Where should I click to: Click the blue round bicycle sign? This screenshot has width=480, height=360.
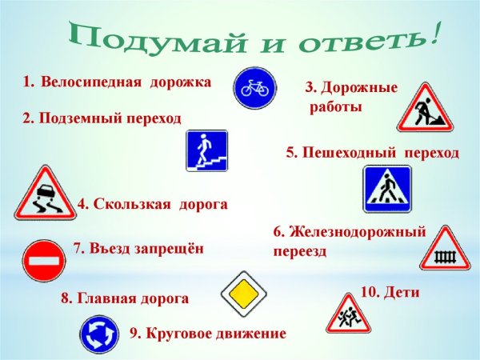click(x=255, y=87)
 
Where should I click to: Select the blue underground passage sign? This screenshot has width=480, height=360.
click(x=207, y=150)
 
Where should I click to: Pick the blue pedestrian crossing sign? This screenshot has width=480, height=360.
click(x=387, y=190)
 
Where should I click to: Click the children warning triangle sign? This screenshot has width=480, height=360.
click(x=348, y=315)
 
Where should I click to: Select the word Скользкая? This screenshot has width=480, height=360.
click(x=132, y=205)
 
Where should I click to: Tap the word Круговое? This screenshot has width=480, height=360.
click(x=179, y=333)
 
